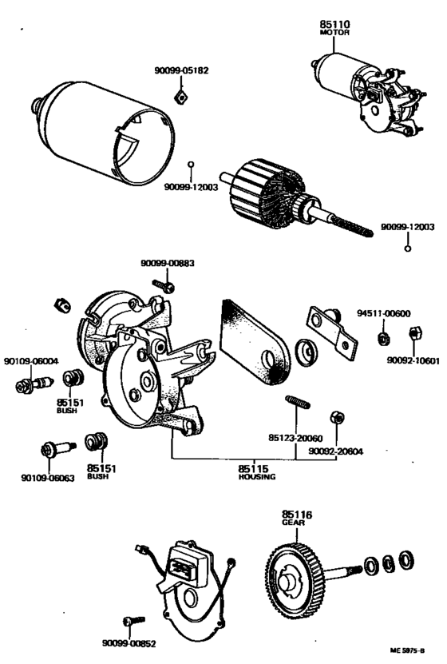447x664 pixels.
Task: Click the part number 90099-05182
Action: click(x=181, y=70)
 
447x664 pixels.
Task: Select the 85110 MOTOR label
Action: click(x=335, y=27)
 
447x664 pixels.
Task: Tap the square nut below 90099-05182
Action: click(x=181, y=97)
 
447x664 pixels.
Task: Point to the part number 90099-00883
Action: click(x=168, y=264)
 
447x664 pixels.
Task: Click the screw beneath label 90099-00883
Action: click(x=164, y=286)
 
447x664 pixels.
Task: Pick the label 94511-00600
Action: click(x=384, y=314)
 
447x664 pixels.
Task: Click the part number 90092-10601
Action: click(x=413, y=361)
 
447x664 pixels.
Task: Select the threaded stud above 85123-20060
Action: click(x=298, y=402)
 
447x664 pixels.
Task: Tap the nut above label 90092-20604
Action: click(x=337, y=418)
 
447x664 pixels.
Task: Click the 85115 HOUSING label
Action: click(x=257, y=472)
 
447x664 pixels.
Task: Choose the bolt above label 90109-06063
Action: click(x=58, y=448)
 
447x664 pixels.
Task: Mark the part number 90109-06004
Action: click(x=31, y=361)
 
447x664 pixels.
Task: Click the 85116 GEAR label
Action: click(x=297, y=519)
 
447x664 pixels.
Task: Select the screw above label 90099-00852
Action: click(x=134, y=621)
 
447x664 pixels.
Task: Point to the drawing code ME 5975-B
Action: click(x=407, y=651)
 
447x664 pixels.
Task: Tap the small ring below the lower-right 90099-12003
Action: click(x=408, y=249)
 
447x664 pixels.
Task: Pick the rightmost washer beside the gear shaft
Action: click(x=407, y=560)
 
